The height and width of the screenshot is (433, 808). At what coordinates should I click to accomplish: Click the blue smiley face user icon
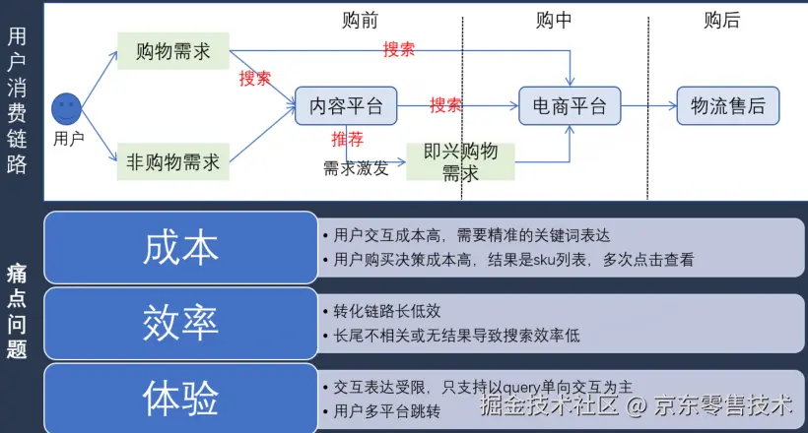click(67, 107)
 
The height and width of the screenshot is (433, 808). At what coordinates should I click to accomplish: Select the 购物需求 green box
click(172, 51)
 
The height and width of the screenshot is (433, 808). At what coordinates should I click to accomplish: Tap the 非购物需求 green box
click(172, 161)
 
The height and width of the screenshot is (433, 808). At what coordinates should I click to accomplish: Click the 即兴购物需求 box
click(460, 161)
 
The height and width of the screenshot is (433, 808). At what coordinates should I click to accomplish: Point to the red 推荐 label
click(347, 139)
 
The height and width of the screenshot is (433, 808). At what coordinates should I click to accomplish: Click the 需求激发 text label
click(356, 167)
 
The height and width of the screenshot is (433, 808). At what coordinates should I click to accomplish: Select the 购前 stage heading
click(360, 20)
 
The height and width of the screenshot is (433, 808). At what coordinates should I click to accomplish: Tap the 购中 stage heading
click(554, 20)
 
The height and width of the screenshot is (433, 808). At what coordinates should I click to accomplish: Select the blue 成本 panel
click(180, 247)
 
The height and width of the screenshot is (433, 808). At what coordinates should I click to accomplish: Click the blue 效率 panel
click(180, 321)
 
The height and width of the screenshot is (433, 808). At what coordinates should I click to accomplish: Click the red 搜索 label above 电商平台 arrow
click(398, 49)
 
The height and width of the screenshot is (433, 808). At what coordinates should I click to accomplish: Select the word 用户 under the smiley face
click(68, 139)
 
